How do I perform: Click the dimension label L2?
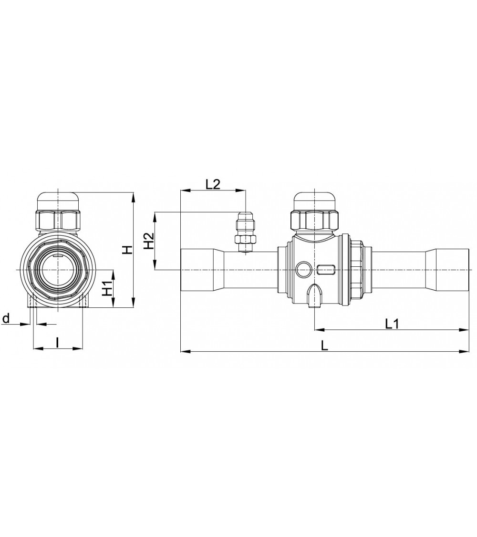click(213, 184)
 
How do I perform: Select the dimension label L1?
click(392, 323)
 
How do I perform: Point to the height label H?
click(127, 250)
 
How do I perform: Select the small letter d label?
click(6, 318)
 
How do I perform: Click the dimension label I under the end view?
click(57, 342)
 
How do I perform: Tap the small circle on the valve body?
click(303, 270)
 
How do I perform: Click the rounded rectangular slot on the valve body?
click(325, 270)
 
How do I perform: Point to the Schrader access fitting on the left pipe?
click(246, 234)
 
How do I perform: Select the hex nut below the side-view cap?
click(316, 220)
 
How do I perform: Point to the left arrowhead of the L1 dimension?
click(318, 329)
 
